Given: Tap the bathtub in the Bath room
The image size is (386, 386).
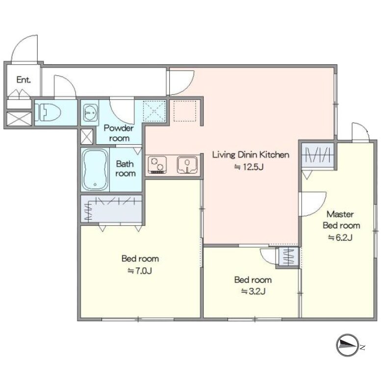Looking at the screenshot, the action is coord(95,170).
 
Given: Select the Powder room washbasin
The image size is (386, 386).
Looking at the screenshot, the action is coord(90,113).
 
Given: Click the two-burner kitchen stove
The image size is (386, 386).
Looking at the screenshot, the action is coord(157,165).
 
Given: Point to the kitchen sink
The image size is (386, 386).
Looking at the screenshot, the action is coord(187,165).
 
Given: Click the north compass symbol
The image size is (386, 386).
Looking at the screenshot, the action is coord(348,345).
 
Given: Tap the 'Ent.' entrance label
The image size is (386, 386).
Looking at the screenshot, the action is coord(24,80).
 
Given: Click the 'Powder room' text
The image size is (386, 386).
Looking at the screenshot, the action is coord(119,133).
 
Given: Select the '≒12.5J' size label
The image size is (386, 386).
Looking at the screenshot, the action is coord(249,167).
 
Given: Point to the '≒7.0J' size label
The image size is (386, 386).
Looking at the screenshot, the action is coord(140,271).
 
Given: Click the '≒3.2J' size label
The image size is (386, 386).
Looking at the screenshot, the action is coord(253,291).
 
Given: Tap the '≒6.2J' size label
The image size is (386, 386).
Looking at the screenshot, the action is coord(340,237).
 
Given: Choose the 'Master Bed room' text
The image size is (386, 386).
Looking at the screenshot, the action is coord(341,220).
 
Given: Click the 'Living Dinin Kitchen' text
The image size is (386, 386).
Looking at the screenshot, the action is coord(251,155).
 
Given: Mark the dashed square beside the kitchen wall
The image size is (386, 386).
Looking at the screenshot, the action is coord(185,111).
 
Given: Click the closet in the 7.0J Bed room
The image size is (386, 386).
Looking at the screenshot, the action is coord(111,209).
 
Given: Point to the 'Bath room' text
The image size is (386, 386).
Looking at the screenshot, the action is coord(125,169).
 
